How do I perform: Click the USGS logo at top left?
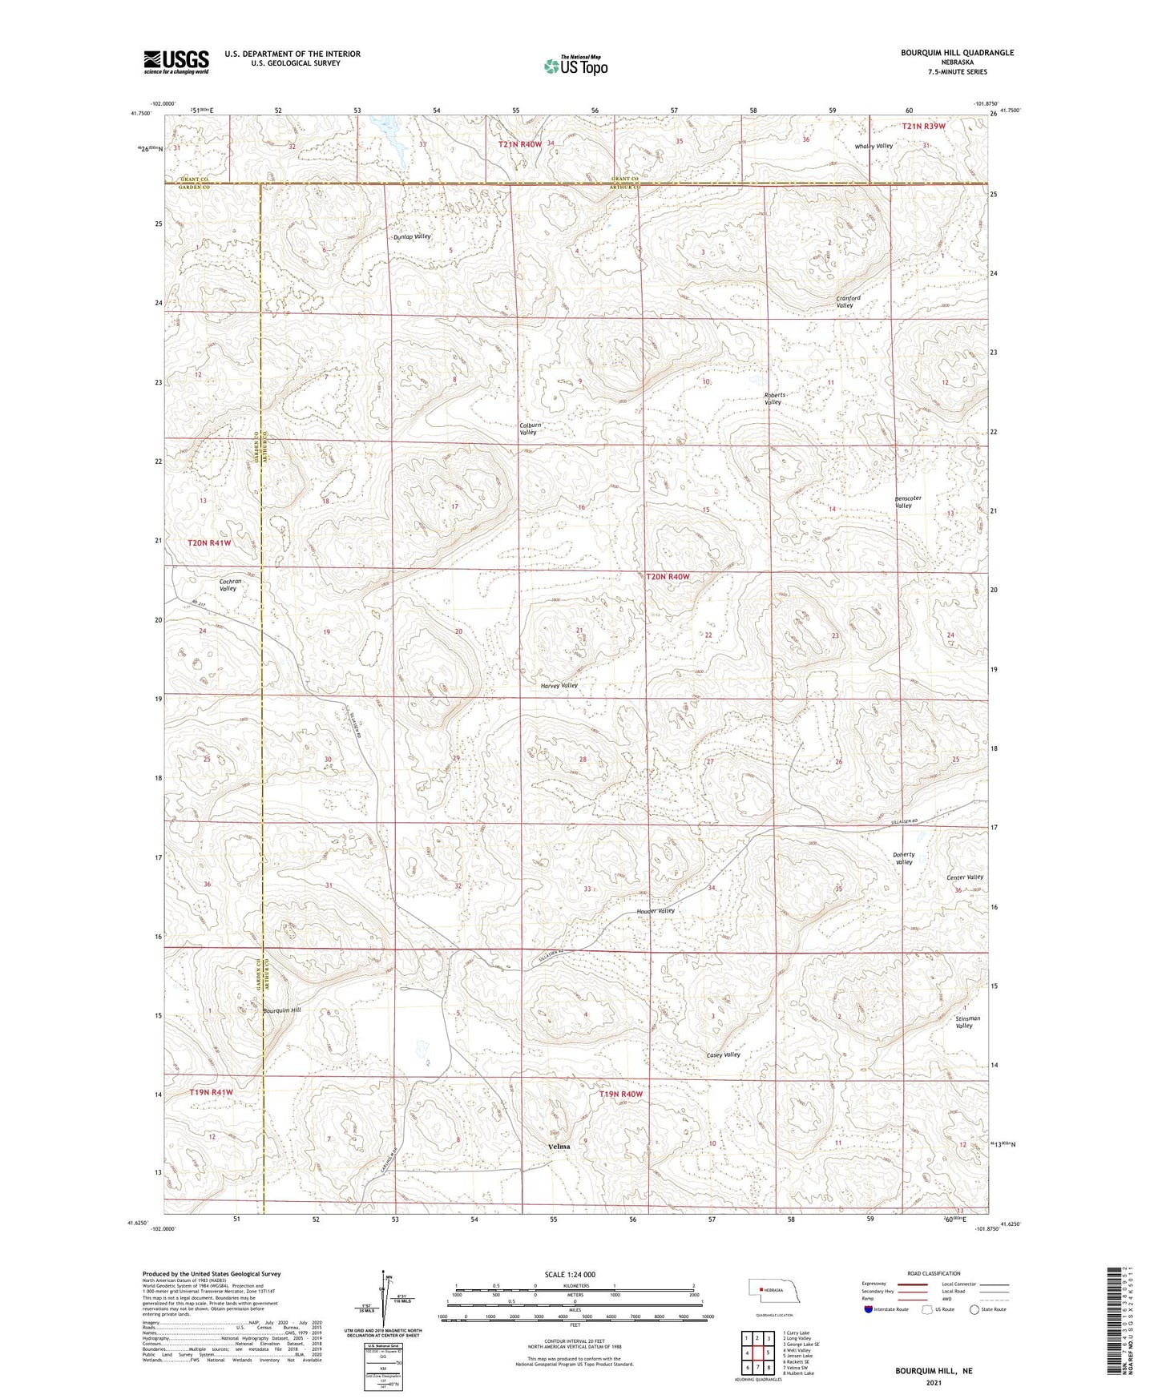point(176,62)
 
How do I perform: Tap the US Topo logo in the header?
point(575,66)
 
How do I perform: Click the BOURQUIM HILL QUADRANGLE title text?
point(957,53)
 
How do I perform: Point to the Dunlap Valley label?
point(412,237)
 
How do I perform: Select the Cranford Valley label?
point(848,301)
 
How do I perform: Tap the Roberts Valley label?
point(774,398)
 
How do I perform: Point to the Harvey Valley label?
point(559,686)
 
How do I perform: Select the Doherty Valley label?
point(903,858)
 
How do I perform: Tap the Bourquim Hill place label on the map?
point(282,1010)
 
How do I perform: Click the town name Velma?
point(559,1147)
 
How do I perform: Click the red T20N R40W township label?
point(668,577)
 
